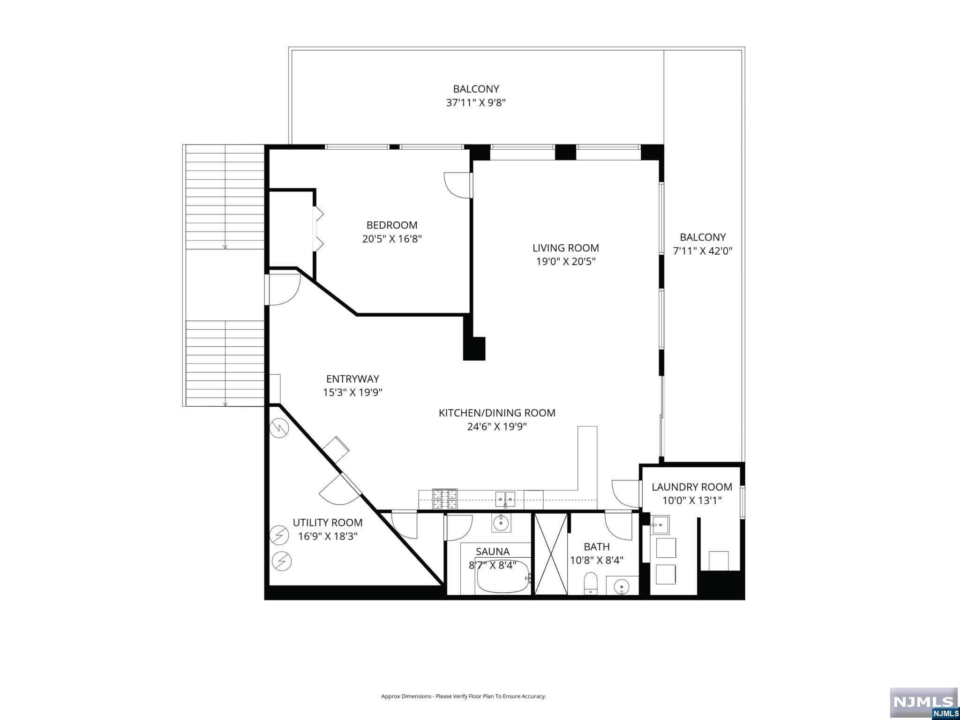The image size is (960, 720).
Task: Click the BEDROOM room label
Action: point(392,225)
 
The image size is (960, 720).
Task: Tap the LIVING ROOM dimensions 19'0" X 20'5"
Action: point(565,261)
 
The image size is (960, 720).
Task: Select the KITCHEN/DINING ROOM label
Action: point(497,413)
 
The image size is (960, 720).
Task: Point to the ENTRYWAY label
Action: point(352,379)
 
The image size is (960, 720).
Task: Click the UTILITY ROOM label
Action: point(328,523)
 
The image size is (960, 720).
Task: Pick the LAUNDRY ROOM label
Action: point(691,487)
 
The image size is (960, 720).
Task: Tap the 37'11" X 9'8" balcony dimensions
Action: point(475,103)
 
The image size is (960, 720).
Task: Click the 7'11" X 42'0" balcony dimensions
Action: point(702,251)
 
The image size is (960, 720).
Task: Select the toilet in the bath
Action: point(591,583)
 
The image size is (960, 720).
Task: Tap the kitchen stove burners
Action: point(444,500)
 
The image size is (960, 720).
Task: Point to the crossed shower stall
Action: point(551,554)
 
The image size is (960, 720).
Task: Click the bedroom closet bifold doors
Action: point(318,228)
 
